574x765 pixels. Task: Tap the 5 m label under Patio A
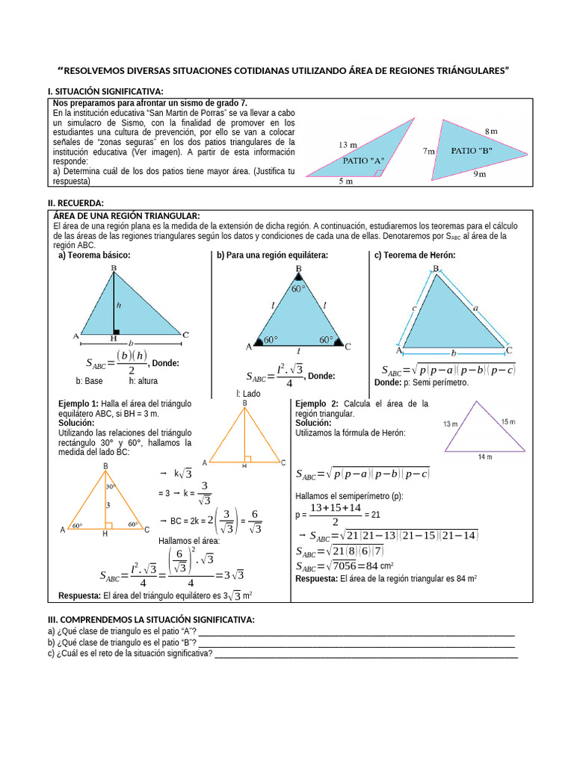point(348,182)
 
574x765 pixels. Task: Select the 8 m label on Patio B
point(491,131)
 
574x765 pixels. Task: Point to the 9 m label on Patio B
point(478,175)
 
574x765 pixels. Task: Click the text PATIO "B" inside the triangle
point(471,150)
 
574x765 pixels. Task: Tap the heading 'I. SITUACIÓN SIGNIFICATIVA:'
point(105,91)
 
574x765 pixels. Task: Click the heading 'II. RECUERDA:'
point(75,203)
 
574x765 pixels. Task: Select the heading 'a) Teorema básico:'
point(94,255)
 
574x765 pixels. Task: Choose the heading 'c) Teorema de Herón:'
point(415,255)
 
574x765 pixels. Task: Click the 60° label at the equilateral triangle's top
point(298,288)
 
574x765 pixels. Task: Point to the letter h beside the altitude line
point(119,305)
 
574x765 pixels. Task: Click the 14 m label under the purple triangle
point(485,457)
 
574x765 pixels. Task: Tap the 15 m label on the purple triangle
point(508,422)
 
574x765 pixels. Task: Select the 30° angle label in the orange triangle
point(111,486)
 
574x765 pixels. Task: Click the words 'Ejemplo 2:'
point(317,403)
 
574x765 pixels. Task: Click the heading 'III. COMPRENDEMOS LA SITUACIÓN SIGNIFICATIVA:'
point(151,620)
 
